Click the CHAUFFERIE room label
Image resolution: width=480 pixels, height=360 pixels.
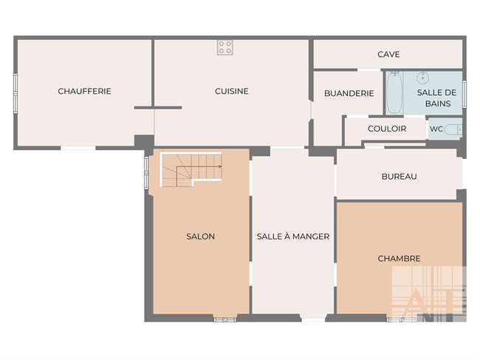84,91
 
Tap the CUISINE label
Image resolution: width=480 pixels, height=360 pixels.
231,91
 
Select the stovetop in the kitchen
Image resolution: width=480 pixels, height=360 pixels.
225,47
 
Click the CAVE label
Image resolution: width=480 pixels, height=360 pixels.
388,54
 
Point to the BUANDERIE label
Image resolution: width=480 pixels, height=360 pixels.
349,93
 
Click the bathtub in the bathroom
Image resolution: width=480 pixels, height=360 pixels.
394,92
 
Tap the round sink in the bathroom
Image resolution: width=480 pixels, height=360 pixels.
422,78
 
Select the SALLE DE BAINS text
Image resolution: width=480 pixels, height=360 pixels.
437,98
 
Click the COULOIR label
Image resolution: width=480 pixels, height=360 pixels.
387,129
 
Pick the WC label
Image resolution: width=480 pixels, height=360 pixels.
436,129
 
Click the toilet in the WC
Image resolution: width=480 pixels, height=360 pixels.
453,129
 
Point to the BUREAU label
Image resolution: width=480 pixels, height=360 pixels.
400,177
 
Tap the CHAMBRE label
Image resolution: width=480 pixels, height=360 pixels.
399,259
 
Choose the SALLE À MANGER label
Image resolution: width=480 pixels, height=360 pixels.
293,237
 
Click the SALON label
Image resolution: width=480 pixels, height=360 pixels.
201,237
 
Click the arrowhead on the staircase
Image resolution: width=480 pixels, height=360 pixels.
220,166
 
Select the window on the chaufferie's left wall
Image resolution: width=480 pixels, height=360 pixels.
16,93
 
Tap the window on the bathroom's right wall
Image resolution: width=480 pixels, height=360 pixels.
464,94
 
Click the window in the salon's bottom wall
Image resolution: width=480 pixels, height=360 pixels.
225,319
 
